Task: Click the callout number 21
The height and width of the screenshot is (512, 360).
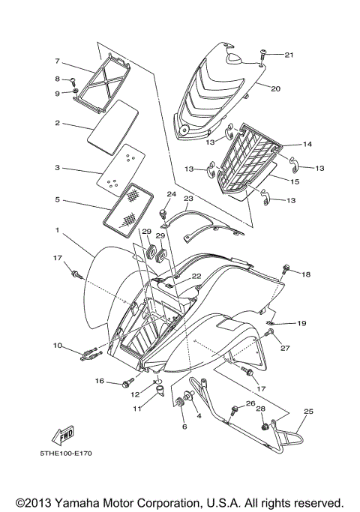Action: click(x=289, y=55)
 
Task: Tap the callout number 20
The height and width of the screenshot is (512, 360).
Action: click(x=275, y=88)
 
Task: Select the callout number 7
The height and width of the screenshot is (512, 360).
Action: click(x=57, y=61)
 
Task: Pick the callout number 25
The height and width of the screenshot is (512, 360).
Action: click(x=308, y=412)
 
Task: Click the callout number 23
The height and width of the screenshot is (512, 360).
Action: click(x=188, y=199)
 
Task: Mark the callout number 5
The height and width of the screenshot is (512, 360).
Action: click(x=57, y=200)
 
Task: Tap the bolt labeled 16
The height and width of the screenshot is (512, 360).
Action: click(x=124, y=384)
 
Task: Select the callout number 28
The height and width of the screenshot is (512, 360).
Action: click(x=260, y=409)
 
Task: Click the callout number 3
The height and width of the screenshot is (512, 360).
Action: click(x=57, y=169)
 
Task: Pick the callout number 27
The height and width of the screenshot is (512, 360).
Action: click(x=285, y=348)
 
